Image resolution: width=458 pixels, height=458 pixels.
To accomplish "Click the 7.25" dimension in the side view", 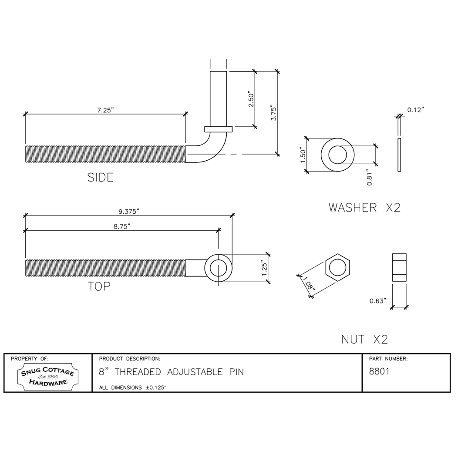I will click(x=105, y=110).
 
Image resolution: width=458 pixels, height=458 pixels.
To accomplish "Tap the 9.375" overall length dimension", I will click(x=128, y=212).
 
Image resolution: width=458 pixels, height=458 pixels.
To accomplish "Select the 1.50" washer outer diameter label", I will click(x=304, y=155).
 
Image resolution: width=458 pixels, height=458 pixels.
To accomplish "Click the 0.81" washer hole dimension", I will click(x=370, y=178).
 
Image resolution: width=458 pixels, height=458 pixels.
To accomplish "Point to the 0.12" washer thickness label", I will click(x=415, y=110).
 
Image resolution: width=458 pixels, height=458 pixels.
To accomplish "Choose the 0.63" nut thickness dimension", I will click(x=378, y=301).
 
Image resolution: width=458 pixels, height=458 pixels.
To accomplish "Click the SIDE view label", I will click(x=101, y=177).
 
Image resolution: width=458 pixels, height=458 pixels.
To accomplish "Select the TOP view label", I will click(x=99, y=286).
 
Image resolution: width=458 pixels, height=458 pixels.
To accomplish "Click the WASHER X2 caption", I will click(x=364, y=208).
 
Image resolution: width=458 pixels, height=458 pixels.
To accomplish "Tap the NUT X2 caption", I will click(x=364, y=340).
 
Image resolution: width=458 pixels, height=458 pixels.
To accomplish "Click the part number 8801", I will click(x=379, y=372).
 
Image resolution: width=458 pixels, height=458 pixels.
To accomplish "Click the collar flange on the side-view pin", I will click(x=218, y=129).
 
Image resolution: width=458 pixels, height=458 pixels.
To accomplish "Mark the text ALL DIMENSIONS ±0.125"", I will click(x=133, y=387).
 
